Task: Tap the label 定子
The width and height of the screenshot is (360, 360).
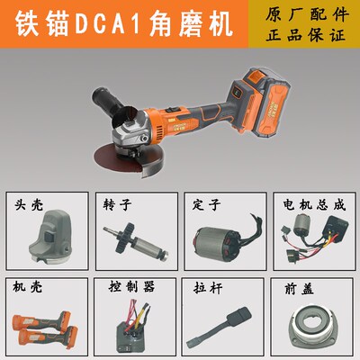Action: (202, 204)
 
